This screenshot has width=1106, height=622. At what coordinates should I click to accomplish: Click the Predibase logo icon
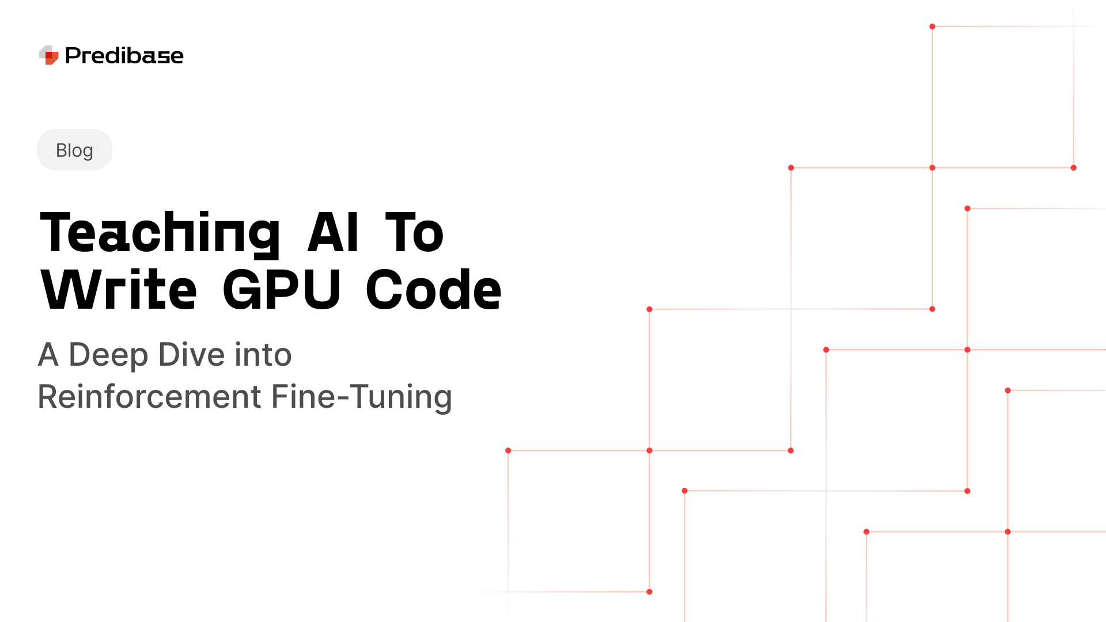[49, 55]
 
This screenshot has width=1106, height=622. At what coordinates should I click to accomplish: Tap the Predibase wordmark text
[124, 56]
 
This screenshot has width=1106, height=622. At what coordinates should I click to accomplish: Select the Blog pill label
[74, 150]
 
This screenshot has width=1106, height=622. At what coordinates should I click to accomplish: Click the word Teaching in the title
[160, 233]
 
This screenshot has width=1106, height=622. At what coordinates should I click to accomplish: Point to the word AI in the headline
[333, 233]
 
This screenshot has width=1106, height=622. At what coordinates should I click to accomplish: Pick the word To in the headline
[414, 233]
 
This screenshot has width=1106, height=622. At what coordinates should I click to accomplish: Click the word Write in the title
[119, 290]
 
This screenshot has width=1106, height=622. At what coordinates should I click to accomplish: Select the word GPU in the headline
[282, 290]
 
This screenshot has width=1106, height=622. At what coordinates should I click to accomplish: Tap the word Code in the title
[433, 290]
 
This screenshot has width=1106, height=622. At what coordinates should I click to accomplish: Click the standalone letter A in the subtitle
[48, 355]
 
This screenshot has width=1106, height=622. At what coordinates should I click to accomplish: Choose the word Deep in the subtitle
[108, 355]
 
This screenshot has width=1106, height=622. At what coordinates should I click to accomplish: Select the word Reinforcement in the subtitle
[150, 397]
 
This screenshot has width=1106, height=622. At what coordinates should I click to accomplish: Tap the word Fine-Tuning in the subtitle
[362, 397]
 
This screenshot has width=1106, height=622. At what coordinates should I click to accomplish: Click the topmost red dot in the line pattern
[932, 26]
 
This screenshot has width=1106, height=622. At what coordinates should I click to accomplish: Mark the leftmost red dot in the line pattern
[508, 450]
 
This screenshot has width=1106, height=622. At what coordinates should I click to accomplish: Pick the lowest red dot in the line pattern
[649, 591]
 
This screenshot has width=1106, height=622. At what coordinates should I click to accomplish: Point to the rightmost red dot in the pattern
[1073, 168]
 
